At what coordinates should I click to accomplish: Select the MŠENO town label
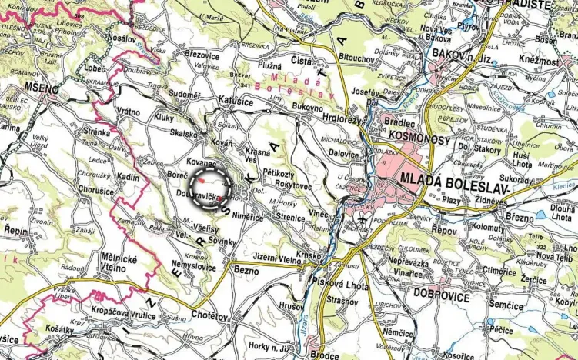coord(41,90)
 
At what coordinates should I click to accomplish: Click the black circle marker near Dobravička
coord(209,185)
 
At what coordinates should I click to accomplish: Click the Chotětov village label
coord(208,315)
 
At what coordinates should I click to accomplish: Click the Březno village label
coord(520,218)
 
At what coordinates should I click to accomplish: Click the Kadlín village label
coord(129,177)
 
